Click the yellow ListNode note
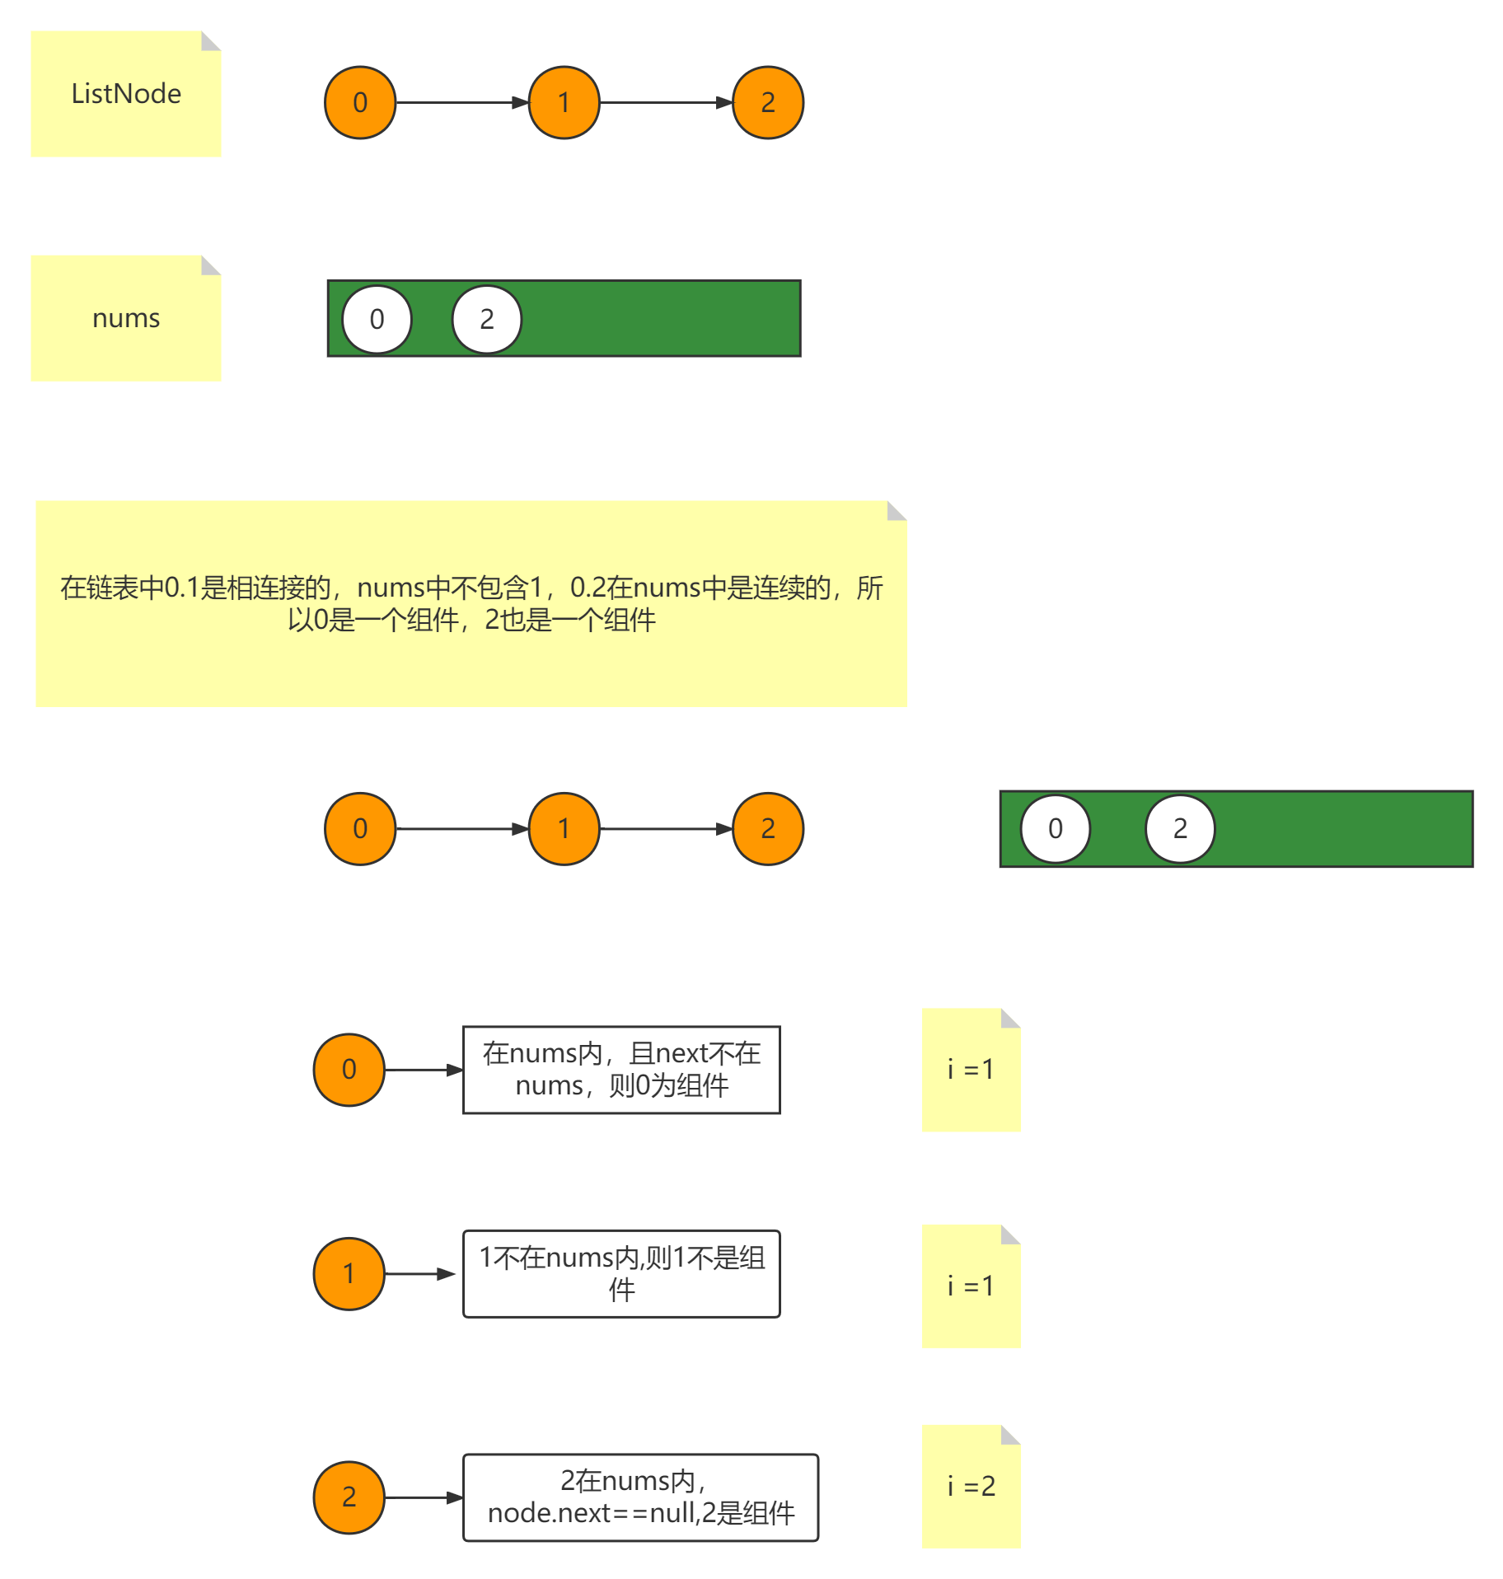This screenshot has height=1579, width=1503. tap(125, 94)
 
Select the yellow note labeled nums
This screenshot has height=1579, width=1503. tap(125, 318)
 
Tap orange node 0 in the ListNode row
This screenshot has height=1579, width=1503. tap(360, 102)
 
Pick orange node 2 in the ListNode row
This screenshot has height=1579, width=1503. tap(767, 102)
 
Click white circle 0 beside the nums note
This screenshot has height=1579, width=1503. tap(377, 319)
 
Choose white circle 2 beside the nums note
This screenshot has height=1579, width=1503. tap(486, 319)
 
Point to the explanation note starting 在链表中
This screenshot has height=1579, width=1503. tap(471, 603)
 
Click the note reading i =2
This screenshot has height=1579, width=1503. tap(971, 1486)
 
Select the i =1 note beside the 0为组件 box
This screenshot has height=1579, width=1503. tap(971, 1070)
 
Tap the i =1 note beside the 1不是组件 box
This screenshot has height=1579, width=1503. tap(971, 1286)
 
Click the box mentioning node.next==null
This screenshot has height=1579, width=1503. tap(640, 1497)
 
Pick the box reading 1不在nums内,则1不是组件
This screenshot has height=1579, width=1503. tap(621, 1273)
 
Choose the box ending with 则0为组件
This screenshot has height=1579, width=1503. tap(621, 1070)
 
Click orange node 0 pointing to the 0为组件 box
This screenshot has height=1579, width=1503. tap(349, 1070)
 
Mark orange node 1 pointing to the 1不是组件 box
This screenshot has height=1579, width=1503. tap(349, 1273)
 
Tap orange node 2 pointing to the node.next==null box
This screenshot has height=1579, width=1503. tap(349, 1497)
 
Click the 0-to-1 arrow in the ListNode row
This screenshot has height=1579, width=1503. tap(461, 102)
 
